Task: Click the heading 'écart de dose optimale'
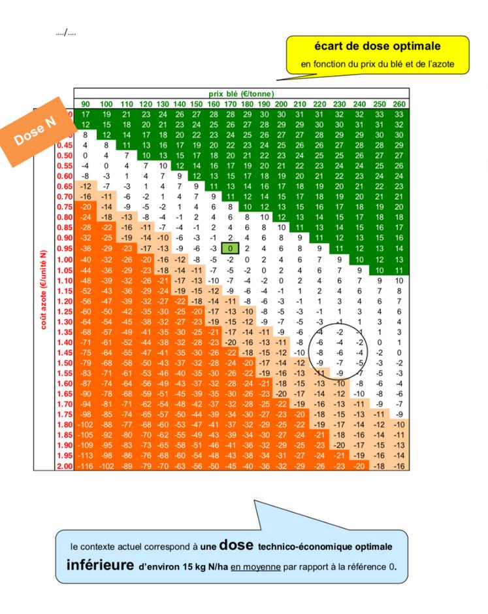377,47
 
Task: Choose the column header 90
85,104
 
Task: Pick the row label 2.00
64,466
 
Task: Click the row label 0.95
64,248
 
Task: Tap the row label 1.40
64,341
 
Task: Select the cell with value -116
85,466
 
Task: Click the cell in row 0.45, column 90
85,145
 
